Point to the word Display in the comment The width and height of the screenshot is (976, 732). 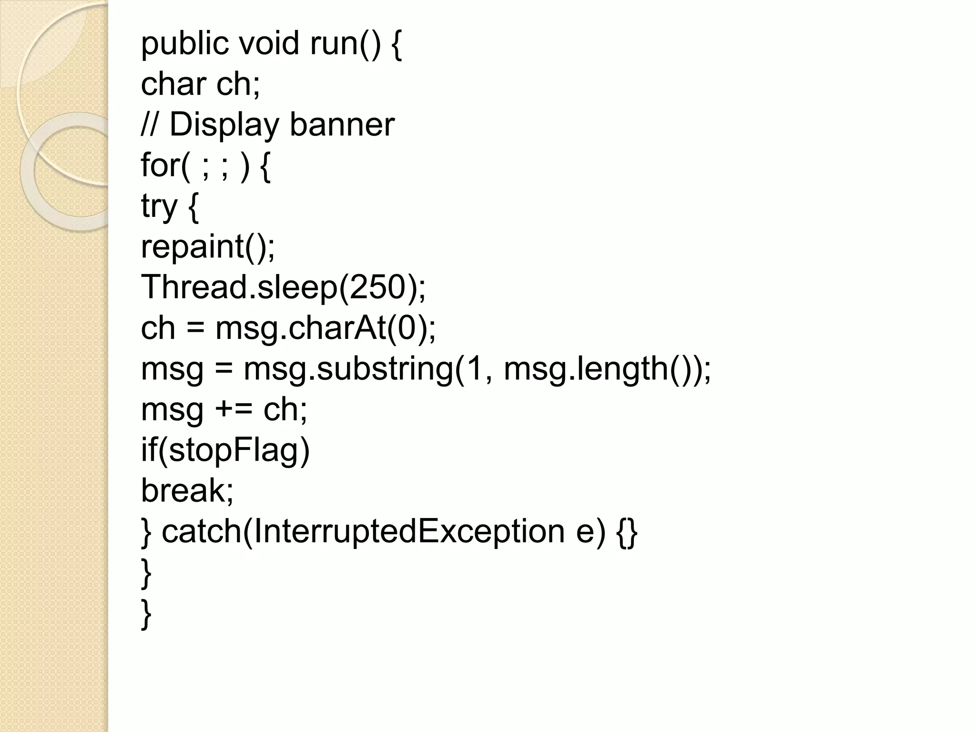(x=224, y=125)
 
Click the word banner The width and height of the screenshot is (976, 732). (x=342, y=125)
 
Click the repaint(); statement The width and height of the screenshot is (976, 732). (x=208, y=247)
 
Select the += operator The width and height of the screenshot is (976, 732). (x=234, y=409)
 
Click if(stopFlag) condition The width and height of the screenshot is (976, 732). (x=225, y=450)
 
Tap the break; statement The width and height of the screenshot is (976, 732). (x=187, y=490)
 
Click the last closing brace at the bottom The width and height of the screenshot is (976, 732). (x=146, y=614)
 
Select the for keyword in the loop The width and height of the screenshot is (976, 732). (x=160, y=165)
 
